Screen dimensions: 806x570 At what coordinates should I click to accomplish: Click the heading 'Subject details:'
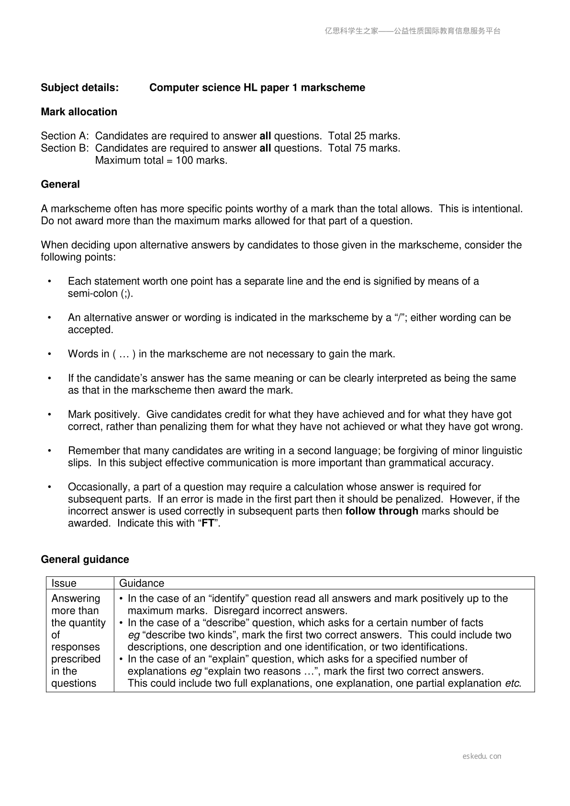(x=79, y=88)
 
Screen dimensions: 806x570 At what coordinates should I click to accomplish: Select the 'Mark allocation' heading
(x=79, y=112)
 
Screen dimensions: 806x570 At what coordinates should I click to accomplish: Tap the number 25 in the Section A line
(x=360, y=136)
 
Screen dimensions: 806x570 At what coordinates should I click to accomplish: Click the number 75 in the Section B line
(x=360, y=148)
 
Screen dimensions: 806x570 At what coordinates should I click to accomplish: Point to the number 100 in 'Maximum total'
(x=184, y=160)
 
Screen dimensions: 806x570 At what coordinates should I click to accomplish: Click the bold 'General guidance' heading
(x=85, y=559)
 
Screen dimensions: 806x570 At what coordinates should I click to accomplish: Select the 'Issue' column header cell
(x=64, y=583)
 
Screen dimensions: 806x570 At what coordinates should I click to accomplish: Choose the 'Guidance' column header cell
(x=142, y=583)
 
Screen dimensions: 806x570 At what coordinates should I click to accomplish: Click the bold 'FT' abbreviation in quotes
(x=208, y=523)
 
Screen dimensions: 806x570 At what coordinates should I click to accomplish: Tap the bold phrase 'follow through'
(x=381, y=511)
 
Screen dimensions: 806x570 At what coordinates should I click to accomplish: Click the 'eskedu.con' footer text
(x=482, y=756)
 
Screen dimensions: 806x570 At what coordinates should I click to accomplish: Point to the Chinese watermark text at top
(x=413, y=31)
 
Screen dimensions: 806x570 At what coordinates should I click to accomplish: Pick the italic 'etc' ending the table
(x=512, y=683)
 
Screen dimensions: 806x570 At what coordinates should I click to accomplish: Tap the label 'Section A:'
(x=65, y=136)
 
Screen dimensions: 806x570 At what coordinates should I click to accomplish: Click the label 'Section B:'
(x=65, y=148)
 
